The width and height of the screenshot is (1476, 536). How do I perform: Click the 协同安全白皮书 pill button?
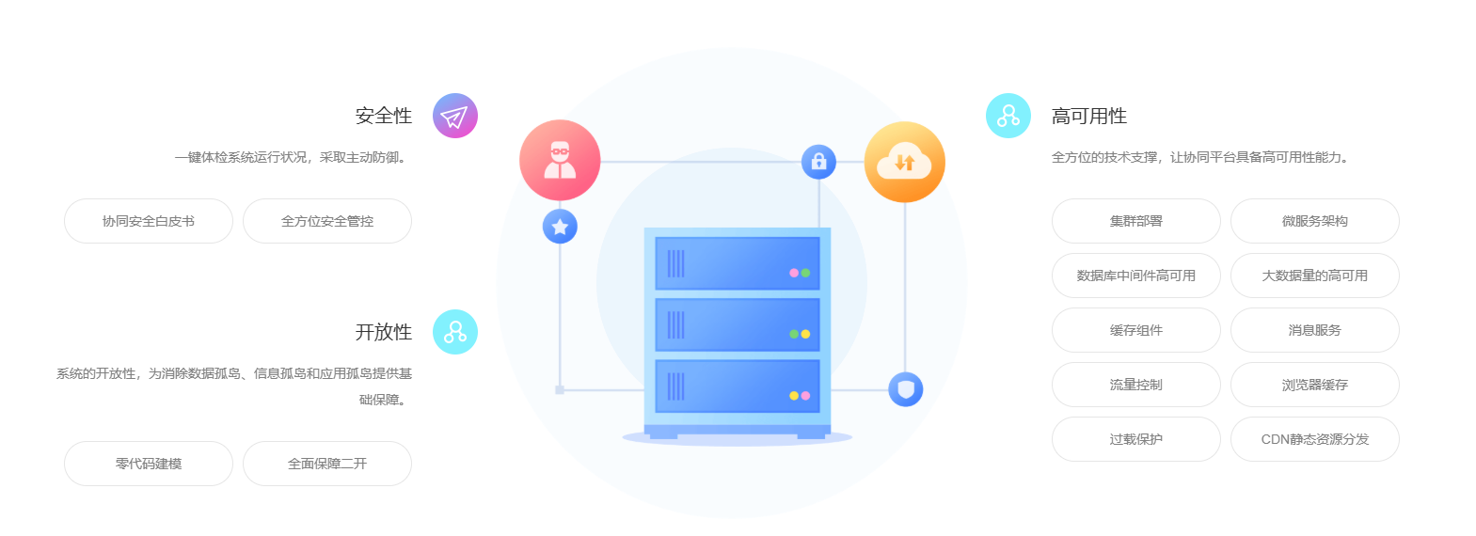pos(149,221)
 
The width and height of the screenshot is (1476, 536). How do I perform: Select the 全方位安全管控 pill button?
pos(327,221)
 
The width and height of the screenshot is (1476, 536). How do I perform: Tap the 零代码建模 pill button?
pos(149,464)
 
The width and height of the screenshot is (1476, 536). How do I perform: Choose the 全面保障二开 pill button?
pos(327,464)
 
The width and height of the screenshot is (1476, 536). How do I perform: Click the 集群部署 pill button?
pos(1136,221)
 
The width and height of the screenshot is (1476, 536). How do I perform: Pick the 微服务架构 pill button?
pos(1314,221)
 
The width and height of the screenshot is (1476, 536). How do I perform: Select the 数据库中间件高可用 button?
pos(1136,276)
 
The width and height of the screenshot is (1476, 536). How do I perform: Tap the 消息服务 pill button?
pos(1314,330)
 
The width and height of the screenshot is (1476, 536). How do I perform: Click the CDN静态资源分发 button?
pos(1314,439)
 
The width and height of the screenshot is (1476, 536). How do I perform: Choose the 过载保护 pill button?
pos(1136,439)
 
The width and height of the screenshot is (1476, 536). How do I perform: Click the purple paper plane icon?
pos(454,116)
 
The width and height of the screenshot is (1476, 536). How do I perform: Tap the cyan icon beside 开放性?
pos(454,332)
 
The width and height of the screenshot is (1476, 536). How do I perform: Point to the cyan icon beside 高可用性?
pos(1008,116)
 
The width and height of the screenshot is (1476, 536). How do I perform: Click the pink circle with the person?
pos(560,160)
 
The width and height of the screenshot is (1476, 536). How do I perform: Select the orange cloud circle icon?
pos(905,162)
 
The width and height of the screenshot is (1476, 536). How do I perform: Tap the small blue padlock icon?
pos(819,162)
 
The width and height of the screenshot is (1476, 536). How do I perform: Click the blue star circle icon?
pos(560,227)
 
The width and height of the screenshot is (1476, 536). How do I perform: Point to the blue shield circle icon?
pos(905,389)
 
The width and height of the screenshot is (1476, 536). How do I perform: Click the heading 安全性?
pos(384,116)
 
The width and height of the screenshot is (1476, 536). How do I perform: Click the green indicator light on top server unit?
pos(805,273)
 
